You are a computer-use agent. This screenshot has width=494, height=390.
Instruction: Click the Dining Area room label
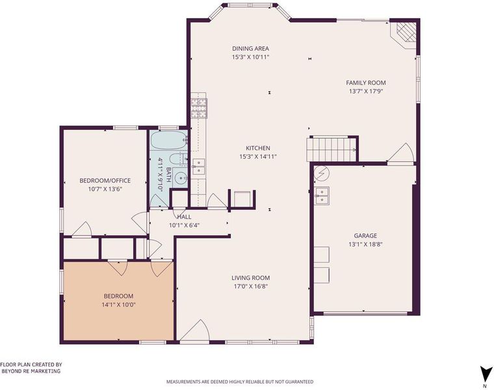tap(250, 49)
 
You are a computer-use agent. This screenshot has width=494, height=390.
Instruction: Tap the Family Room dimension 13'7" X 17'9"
tap(366, 92)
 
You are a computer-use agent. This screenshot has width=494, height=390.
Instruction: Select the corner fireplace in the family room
tap(404, 33)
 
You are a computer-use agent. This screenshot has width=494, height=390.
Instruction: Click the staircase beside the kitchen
tap(331, 149)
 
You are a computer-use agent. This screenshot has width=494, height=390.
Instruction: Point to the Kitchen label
tap(257, 148)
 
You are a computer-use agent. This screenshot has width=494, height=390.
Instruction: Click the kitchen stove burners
tap(198, 109)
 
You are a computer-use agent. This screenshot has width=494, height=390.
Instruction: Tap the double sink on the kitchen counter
tap(198, 166)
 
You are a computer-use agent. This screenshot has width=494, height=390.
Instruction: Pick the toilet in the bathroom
tap(178, 159)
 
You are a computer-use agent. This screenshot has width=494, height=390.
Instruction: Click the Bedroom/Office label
tap(105, 181)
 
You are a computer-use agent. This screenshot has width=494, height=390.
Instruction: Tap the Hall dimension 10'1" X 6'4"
tap(185, 226)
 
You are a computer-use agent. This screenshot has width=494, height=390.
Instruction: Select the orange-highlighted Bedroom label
tap(118, 296)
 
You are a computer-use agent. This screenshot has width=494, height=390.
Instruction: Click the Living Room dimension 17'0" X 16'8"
tap(251, 287)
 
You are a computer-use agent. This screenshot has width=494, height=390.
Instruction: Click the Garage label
tap(365, 236)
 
